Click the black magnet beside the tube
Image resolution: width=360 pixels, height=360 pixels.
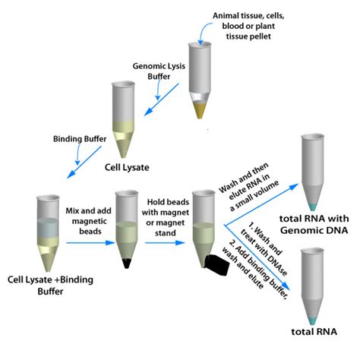coord(219,262)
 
